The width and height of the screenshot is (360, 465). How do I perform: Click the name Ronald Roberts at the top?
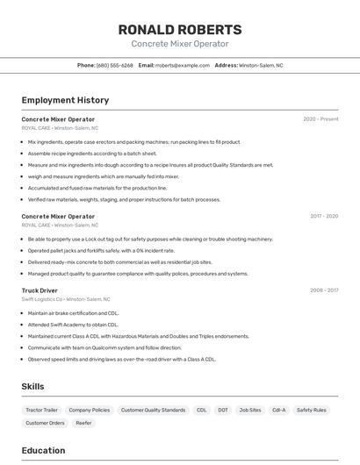click(179, 30)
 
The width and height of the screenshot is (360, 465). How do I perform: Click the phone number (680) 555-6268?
click(115, 65)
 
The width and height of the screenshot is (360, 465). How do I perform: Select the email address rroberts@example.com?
click(179, 65)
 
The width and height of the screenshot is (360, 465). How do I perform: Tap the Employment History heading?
click(65, 101)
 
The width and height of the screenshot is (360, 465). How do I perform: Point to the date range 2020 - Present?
click(320, 119)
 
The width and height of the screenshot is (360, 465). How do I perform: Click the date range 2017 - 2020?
click(323, 216)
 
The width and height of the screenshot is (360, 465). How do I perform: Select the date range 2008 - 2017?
click(323, 290)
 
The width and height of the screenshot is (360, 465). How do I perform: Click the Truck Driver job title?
click(40, 290)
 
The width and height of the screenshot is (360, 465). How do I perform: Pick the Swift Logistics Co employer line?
click(66, 299)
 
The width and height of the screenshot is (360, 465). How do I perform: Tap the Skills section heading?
click(32, 386)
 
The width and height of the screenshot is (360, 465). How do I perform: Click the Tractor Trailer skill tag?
click(41, 410)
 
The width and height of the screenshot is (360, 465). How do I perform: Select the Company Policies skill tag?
click(89, 410)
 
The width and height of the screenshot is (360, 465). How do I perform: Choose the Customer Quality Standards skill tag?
click(153, 410)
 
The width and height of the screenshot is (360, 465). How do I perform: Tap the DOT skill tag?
click(223, 410)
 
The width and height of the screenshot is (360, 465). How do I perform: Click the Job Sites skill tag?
click(249, 410)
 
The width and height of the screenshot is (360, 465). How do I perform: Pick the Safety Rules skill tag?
click(311, 410)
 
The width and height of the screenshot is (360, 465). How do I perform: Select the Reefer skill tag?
click(83, 423)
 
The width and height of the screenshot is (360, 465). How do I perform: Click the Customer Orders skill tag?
click(45, 423)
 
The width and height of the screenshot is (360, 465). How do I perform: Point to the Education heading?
click(43, 451)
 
